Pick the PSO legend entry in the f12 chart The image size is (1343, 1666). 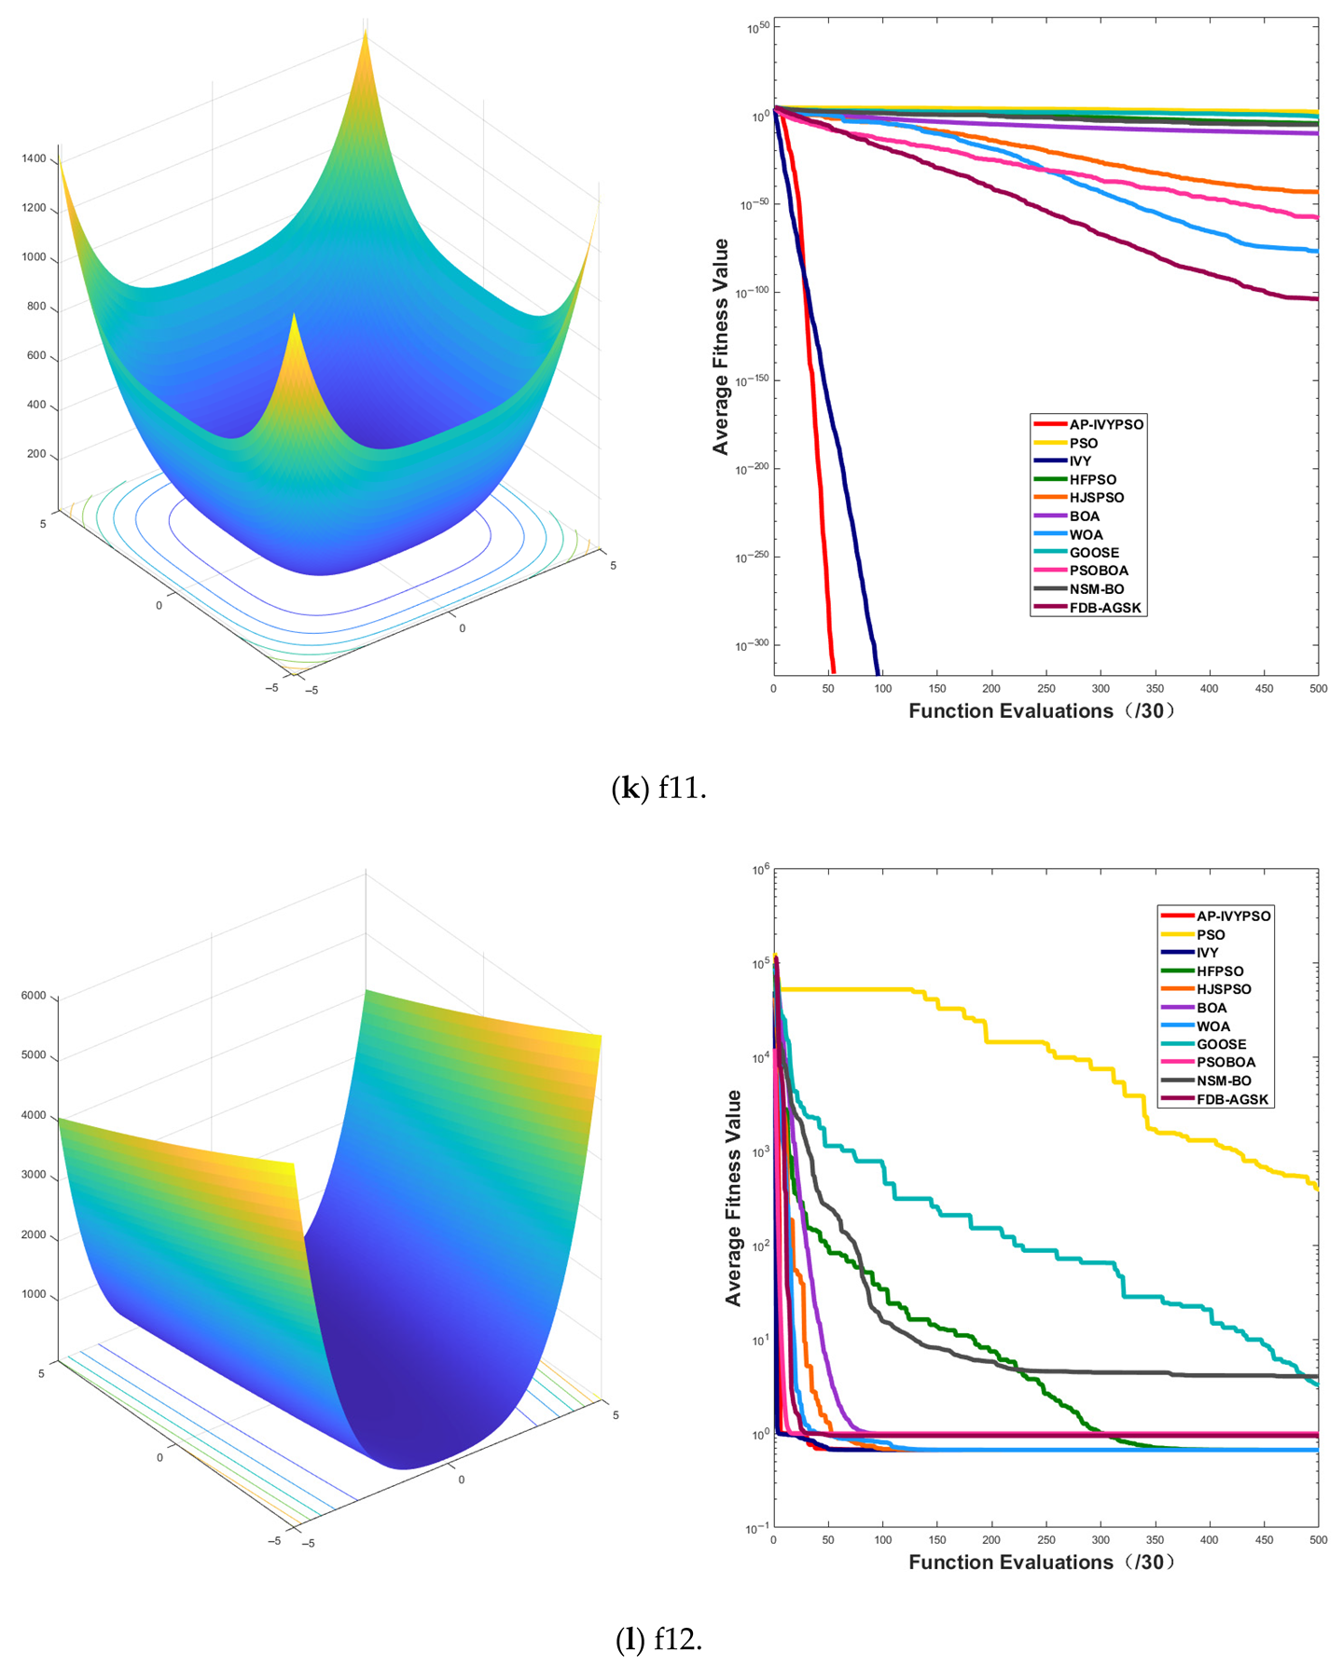[1211, 934]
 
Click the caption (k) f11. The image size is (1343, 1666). [658, 789]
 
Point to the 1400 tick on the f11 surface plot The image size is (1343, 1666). [34, 158]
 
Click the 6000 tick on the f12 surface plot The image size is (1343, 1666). [34, 996]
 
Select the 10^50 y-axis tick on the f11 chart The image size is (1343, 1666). [757, 29]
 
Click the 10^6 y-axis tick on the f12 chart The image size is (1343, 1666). [760, 871]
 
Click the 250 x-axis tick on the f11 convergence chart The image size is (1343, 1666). [1045, 689]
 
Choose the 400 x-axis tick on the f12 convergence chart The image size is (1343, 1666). [1209, 1540]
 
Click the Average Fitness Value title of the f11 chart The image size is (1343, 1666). [720, 347]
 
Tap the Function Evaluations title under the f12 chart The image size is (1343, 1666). [1041, 1563]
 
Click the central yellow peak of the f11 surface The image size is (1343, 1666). [295, 322]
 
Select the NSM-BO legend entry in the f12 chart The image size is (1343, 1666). [1224, 1081]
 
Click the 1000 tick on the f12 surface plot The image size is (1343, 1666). [34, 1295]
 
